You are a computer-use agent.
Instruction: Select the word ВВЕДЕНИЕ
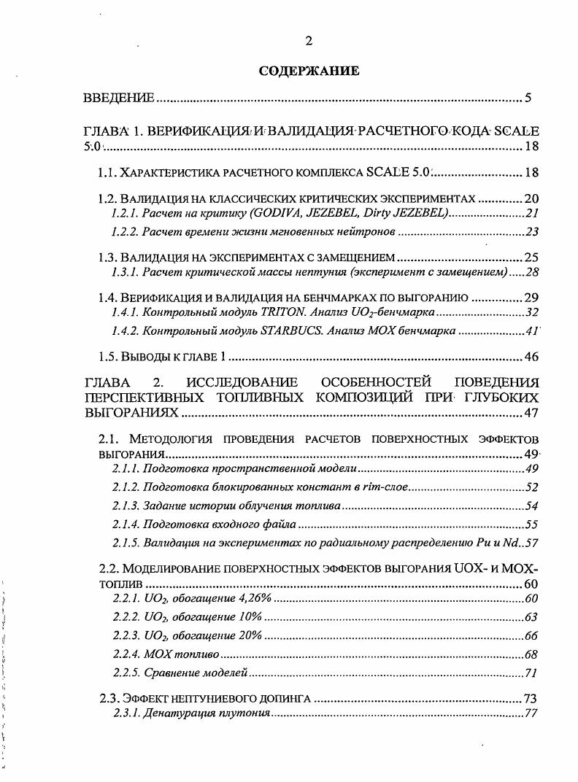118,98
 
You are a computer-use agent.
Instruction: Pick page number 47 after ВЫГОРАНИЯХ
531,414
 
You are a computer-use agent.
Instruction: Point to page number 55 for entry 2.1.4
531,524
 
